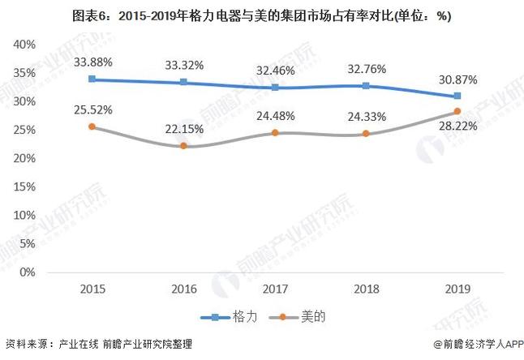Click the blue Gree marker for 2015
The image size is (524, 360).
coord(92,79)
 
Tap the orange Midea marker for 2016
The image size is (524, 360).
coord(183,146)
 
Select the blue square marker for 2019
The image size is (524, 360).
coord(457,96)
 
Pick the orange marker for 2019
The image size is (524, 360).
coord(457,111)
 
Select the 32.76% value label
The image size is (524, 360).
coord(367,68)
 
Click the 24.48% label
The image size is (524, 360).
coord(276,114)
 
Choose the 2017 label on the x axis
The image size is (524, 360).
coord(276,289)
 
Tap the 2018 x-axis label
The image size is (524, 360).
coord(367,289)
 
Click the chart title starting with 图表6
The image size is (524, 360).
coord(262,15)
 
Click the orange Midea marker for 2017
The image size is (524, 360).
coord(276,132)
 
